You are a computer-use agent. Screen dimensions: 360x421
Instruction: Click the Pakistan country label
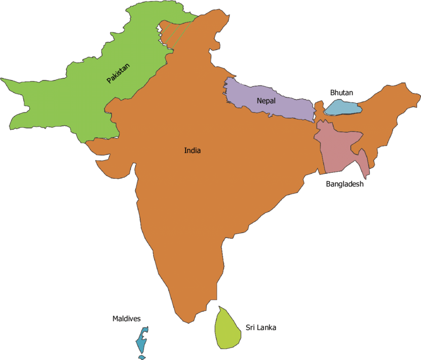pos(118,73)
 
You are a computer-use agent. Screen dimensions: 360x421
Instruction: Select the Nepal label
pos(266,101)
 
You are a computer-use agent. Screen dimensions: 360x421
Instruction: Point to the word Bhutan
pos(341,93)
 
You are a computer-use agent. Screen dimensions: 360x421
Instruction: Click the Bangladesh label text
pos(345,184)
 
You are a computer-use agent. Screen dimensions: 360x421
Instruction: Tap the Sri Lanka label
pos(261,327)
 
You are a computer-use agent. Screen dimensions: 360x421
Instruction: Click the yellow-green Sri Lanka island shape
pos(228,328)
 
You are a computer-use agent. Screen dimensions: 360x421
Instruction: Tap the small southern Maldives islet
pos(142,357)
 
